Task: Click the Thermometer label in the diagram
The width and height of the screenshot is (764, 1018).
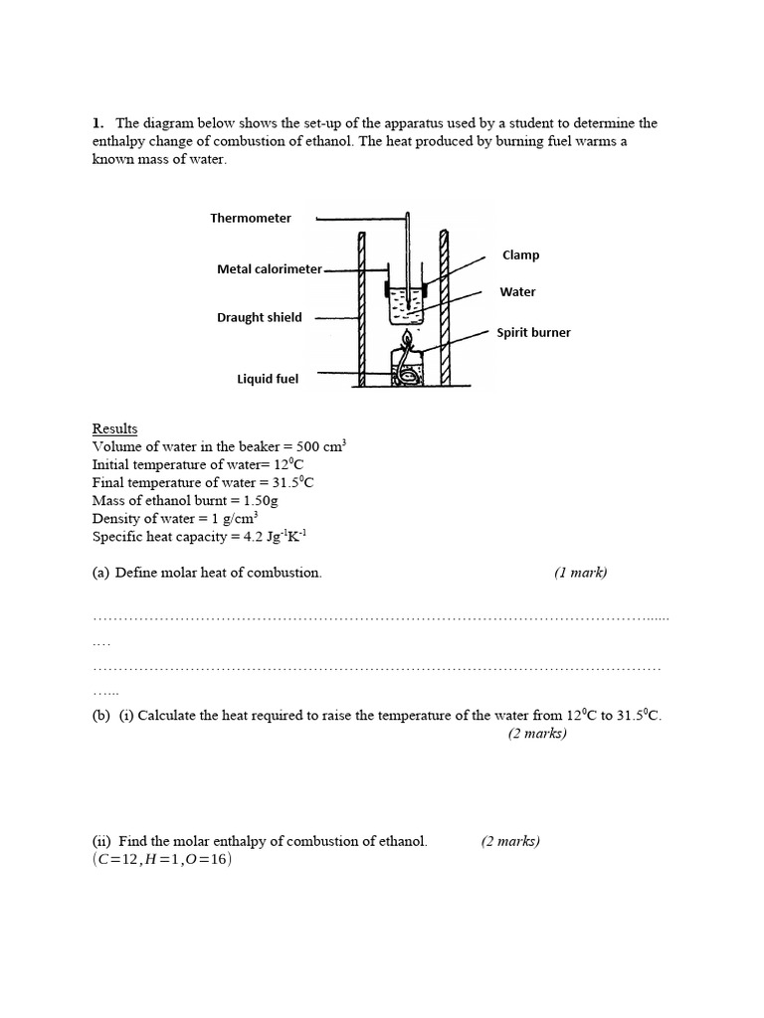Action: coord(251,219)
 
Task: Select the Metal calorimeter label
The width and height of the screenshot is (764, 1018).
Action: coord(270,269)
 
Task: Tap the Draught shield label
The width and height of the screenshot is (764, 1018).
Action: coord(260,318)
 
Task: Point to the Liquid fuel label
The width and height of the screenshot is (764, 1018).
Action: coord(268,379)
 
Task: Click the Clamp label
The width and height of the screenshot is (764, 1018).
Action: coord(520,255)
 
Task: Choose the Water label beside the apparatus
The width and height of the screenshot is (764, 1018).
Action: coord(517,292)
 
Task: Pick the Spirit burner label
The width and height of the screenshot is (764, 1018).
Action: coord(534,333)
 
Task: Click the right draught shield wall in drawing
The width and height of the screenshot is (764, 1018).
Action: coord(445,308)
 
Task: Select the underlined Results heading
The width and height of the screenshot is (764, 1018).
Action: coord(114,428)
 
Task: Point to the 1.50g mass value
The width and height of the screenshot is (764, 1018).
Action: coord(258,501)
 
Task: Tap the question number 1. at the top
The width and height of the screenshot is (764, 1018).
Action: coord(97,123)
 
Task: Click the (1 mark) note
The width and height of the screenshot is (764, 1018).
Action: coord(580,573)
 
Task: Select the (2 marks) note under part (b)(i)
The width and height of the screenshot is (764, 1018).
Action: coord(537,734)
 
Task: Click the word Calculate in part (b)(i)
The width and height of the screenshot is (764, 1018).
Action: coord(169,716)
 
